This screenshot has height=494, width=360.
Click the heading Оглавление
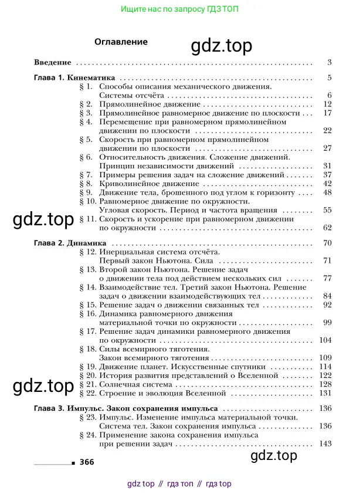[121, 42]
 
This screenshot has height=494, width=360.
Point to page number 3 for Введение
[330, 63]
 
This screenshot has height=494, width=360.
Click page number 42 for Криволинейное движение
[327, 184]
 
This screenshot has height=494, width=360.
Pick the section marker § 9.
[86, 192]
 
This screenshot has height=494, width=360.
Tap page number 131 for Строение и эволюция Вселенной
[326, 393]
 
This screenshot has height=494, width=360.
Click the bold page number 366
[86, 462]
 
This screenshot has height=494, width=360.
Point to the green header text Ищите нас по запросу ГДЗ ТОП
[179, 9]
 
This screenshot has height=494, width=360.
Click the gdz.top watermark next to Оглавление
[222, 46]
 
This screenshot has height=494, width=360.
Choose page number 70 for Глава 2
[327, 242]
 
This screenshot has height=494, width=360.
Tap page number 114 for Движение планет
[326, 366]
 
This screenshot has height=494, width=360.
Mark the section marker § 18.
[87, 348]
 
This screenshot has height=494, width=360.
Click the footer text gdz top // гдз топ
[179, 484]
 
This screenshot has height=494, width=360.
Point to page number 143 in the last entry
[326, 444]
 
